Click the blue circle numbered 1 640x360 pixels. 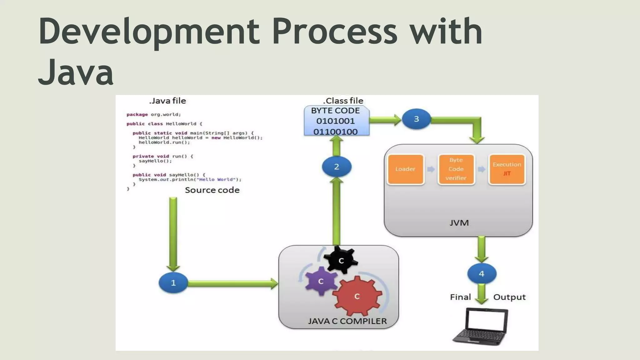click(173, 283)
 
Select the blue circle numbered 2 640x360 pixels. click(337, 167)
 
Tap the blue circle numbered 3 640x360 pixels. click(416, 119)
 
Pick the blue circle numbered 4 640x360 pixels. click(482, 274)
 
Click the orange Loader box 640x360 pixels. click(405, 169)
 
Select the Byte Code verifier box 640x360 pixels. click(456, 169)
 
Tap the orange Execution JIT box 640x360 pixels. click(507, 169)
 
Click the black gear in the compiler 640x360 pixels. click(341, 260)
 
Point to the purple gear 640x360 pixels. click(321, 281)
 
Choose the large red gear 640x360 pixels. click(357, 296)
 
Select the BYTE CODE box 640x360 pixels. click(336, 121)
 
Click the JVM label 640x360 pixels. click(459, 223)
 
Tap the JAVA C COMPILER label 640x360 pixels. click(347, 321)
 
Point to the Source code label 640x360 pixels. click(212, 190)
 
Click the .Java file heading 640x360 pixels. click(167, 101)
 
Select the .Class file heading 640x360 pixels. click(343, 101)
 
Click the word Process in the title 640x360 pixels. click(334, 31)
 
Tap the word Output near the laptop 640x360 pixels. click(509, 297)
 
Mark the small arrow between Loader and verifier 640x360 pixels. click(431, 169)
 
